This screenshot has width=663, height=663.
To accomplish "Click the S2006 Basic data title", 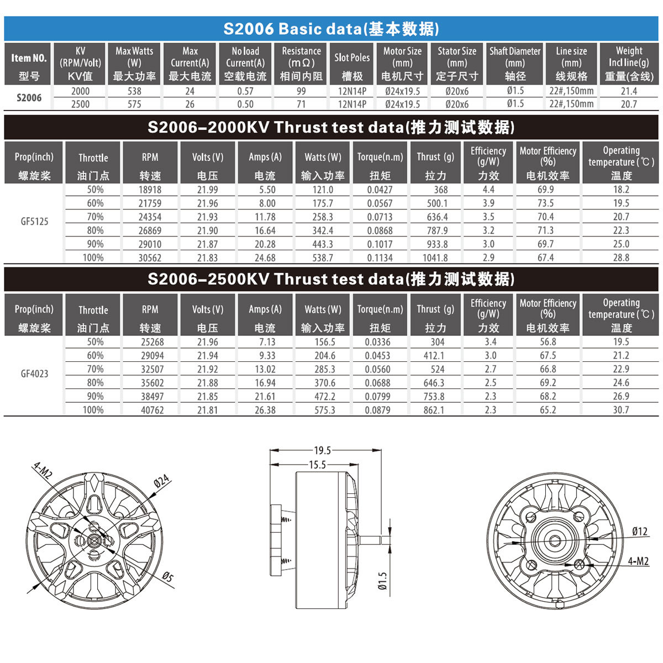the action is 331,29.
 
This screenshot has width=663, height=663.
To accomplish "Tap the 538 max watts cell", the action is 134,91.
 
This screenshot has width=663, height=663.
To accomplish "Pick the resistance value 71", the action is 301,104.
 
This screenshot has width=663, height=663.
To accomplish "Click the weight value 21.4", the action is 629,91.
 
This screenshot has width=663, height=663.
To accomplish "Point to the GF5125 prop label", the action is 34,221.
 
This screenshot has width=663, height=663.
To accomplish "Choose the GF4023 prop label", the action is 34,373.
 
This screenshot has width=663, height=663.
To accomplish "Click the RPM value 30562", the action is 150,257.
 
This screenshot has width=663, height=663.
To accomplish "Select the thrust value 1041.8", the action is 435,257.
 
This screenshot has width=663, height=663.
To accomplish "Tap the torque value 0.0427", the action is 380,190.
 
